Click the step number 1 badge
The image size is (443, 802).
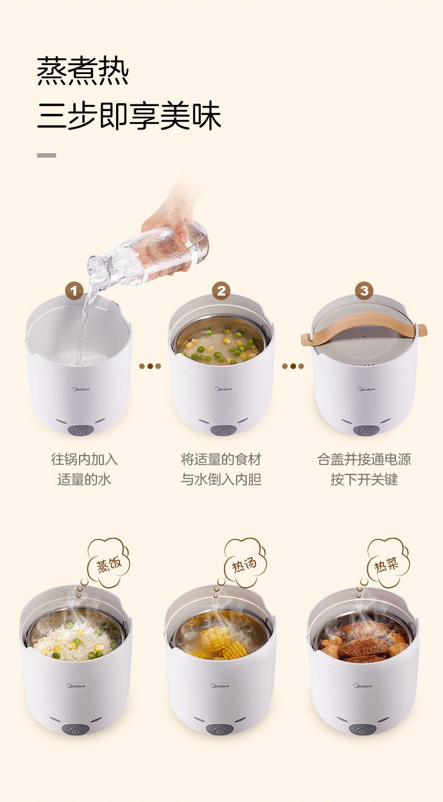click(74, 291)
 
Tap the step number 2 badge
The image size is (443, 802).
click(221, 291)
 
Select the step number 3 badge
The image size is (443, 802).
click(364, 291)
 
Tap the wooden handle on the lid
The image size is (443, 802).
click(364, 327)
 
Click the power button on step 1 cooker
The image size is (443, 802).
click(80, 430)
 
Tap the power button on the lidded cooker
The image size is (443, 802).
click(365, 430)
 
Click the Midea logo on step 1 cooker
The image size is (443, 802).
click(81, 389)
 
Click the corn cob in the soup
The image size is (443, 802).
click(222, 642)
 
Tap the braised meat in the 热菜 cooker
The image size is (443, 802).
click(363, 642)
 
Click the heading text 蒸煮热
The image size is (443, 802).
click(83, 71)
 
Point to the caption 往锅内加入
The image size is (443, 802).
click(84, 459)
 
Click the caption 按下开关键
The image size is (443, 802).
click(364, 480)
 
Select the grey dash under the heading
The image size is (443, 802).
click(47, 155)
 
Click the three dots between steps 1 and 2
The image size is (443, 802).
click(150, 366)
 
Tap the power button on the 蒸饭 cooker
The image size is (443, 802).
click(75, 729)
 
